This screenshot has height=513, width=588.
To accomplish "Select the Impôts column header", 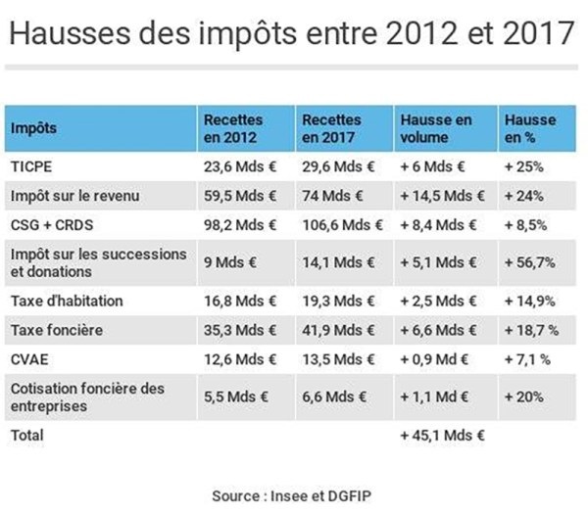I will click(35, 128).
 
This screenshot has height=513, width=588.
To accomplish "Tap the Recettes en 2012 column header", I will click(232, 128).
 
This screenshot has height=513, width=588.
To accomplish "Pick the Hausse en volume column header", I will click(436, 128).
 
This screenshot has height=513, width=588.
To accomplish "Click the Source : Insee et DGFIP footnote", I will click(292, 495).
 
